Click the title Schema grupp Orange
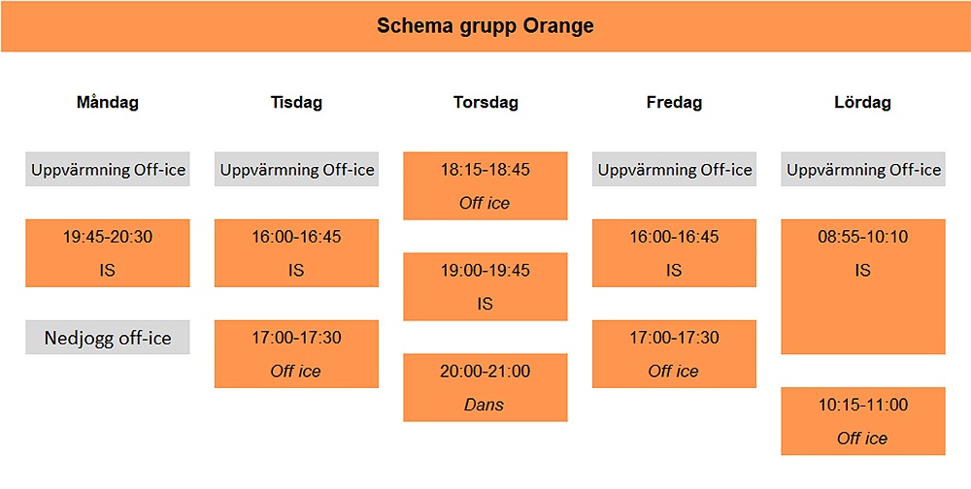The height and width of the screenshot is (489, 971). (x=485, y=26)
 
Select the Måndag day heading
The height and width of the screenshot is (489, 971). (x=107, y=102)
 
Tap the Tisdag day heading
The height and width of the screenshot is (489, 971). (x=296, y=102)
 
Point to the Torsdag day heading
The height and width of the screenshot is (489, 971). (x=485, y=102)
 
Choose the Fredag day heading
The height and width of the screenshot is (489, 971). (x=675, y=102)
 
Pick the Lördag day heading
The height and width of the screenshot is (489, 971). (x=862, y=102)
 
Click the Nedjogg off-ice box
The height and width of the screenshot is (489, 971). (x=108, y=338)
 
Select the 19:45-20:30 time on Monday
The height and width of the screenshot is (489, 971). (x=108, y=237)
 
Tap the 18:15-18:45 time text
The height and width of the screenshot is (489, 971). (x=485, y=170)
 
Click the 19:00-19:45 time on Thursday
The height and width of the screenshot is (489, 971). (x=485, y=271)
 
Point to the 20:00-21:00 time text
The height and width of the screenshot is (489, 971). (x=485, y=372)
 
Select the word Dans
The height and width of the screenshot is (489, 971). (x=485, y=405)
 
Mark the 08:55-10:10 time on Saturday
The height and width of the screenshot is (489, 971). (x=863, y=237)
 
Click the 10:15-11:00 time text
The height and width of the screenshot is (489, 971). (x=863, y=405)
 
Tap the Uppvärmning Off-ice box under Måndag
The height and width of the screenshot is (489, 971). (x=108, y=169)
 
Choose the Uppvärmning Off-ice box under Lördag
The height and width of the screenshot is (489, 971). (x=863, y=169)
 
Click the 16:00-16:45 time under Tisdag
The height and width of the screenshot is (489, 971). (x=296, y=237)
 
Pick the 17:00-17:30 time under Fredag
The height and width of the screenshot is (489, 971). (x=675, y=338)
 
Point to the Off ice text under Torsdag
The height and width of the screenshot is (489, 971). (x=485, y=203)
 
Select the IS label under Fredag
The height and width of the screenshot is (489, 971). (x=674, y=271)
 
